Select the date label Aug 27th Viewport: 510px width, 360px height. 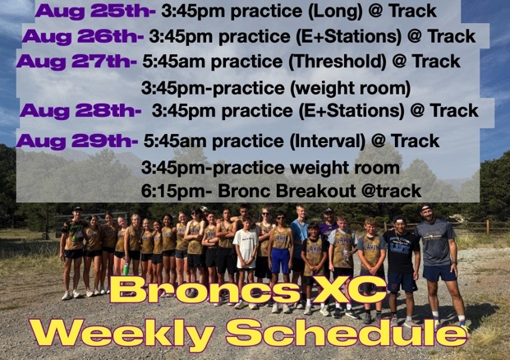tap(76, 62)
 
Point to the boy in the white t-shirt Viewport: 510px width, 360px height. tap(246, 255)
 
